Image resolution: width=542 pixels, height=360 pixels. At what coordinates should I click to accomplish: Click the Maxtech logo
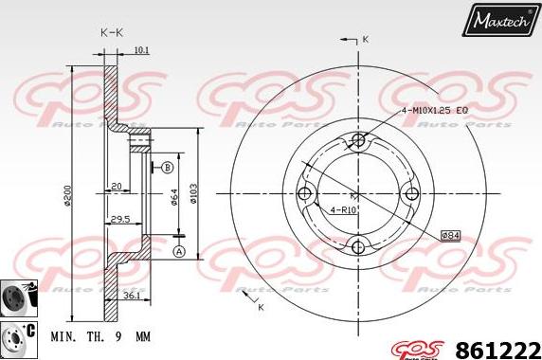500,17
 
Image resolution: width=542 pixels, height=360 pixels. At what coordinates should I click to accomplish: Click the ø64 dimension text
174,196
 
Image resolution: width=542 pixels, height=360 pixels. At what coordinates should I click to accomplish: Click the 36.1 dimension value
132,297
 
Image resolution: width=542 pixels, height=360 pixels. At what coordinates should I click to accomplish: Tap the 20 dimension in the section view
115,186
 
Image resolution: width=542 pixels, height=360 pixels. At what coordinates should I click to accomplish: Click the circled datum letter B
168,168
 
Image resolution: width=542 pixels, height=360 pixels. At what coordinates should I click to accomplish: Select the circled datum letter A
178,250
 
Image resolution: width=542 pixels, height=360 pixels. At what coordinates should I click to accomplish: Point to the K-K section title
112,31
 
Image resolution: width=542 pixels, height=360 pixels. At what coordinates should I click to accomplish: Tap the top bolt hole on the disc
357,141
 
